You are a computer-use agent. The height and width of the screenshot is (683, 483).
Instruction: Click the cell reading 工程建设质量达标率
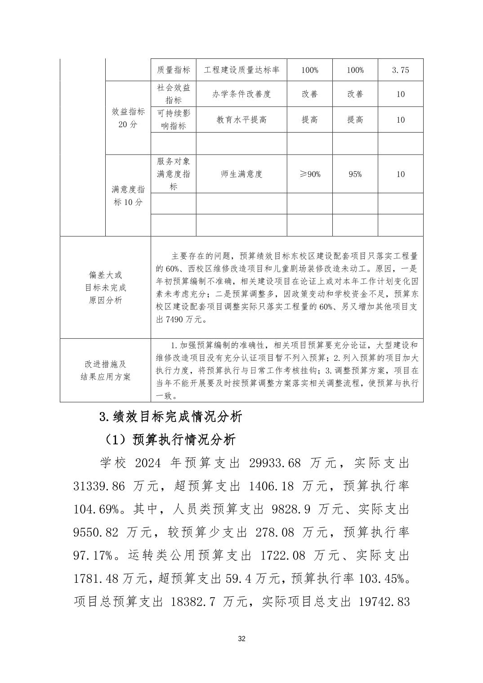tap(241, 70)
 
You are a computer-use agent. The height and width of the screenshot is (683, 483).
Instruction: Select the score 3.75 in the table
tap(400, 70)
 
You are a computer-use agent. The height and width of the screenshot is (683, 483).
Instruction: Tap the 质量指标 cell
tap(173, 70)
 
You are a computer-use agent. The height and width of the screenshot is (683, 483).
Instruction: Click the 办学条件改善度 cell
tap(241, 94)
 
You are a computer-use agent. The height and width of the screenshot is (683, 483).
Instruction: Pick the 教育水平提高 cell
tap(241, 120)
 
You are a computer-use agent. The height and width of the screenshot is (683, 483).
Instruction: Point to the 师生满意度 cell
tap(241, 174)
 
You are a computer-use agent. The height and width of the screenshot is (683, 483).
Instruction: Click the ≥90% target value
tap(309, 174)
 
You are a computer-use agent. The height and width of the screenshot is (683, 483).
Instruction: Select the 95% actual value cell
tap(355, 174)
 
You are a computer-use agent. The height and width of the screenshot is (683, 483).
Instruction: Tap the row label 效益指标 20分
tap(128, 118)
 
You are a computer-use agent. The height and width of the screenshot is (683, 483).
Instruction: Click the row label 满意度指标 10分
tap(128, 195)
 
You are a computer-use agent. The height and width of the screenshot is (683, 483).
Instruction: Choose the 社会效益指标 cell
tap(173, 94)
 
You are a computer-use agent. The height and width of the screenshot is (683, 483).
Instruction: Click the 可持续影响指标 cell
tap(173, 120)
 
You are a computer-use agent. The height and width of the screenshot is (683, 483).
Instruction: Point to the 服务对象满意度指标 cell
tap(173, 174)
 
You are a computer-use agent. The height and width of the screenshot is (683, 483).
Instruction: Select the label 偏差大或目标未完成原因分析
tap(105, 288)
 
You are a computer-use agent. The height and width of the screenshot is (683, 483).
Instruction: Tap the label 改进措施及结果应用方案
tap(105, 370)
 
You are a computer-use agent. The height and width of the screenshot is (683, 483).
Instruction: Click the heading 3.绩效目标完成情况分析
tap(170, 417)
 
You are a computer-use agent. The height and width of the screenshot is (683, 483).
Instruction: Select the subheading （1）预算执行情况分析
tap(168, 440)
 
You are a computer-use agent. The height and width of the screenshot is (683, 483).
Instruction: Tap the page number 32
tap(241, 639)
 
